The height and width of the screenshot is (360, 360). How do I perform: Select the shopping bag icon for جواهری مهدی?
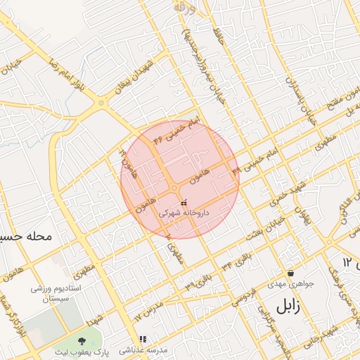pyautogui.click(x=290, y=274)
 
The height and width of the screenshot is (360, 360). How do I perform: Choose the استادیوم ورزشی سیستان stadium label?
pyautogui.click(x=56, y=294)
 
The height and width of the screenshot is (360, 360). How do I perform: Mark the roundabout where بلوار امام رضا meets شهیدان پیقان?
pyautogui.click(x=103, y=103)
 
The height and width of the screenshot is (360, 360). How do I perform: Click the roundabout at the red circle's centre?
pyautogui.click(x=174, y=188)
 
